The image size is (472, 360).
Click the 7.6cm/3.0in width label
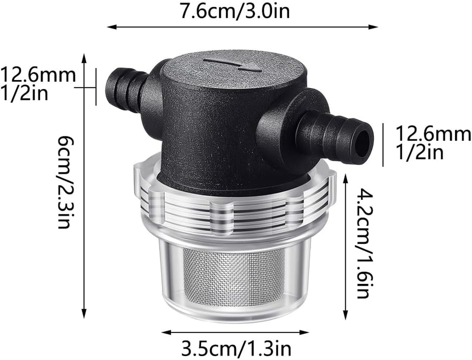(x=235, y=11)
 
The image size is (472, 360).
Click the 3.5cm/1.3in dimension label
(x=236, y=348)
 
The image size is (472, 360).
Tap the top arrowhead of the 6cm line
(x=84, y=57)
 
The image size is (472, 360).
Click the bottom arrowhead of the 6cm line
(x=84, y=316)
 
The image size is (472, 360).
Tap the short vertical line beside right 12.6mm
(x=383, y=144)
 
